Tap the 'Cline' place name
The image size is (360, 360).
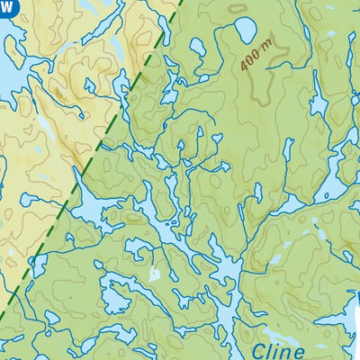click(x=279, y=350)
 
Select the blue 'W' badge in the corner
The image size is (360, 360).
click(x=6, y=5)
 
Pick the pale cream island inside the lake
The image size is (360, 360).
click(x=154, y=272)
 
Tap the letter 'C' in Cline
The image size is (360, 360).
click(x=259, y=350)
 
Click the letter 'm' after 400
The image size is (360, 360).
click(x=265, y=51)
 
